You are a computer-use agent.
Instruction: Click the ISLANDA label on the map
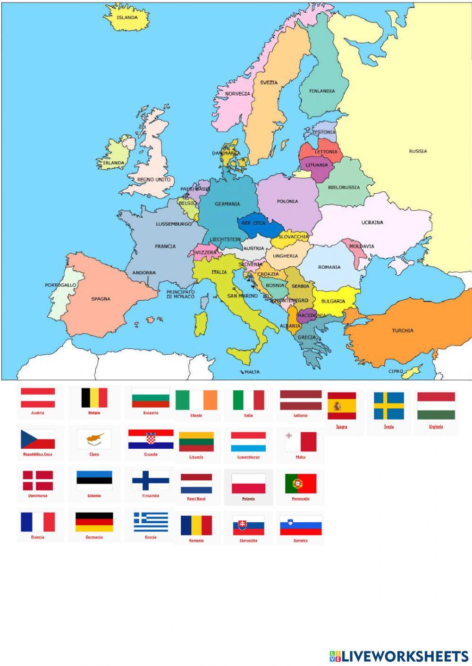point(127,18)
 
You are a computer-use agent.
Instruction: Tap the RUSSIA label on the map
point(418,151)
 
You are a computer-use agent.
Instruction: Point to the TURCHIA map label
point(403,330)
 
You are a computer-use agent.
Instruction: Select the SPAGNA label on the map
point(101,299)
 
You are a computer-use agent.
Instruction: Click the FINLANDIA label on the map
point(322,91)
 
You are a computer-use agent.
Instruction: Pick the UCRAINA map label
point(372,222)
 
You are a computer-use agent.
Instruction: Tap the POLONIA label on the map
point(287,201)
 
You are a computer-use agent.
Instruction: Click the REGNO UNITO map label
point(154,180)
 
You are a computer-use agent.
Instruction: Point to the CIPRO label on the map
point(396,371)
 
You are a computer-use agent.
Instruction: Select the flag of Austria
point(38,398)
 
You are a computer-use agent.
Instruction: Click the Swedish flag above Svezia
point(389,406)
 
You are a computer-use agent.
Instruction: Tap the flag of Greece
point(151,522)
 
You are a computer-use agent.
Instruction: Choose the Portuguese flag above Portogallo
point(301,484)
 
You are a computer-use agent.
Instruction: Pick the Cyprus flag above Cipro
point(94,439)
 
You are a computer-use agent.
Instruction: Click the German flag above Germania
point(94,522)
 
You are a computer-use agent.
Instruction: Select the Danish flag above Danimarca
point(38,481)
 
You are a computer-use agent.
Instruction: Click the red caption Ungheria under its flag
point(436,427)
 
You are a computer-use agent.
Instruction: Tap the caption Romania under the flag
point(196,541)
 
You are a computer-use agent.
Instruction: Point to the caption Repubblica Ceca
point(38,454)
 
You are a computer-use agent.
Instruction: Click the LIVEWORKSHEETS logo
point(399,656)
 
